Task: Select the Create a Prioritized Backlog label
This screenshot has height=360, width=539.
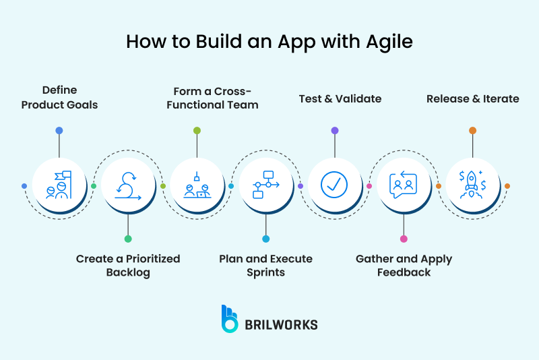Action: click(x=128, y=266)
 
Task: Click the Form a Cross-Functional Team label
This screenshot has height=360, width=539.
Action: click(x=216, y=97)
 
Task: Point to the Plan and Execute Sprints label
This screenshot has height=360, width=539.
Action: click(x=265, y=266)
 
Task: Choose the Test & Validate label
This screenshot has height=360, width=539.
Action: click(x=340, y=98)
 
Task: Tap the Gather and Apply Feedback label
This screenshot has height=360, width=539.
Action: click(x=404, y=266)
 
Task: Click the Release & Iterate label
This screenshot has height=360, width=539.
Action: click(x=473, y=98)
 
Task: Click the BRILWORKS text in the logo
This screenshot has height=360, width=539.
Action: click(x=282, y=325)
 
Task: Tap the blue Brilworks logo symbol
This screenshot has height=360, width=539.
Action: click(x=230, y=319)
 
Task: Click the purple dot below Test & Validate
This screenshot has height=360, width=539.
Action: click(x=335, y=130)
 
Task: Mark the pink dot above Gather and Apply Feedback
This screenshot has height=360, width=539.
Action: click(x=404, y=239)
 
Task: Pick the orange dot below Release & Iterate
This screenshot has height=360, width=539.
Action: click(x=473, y=130)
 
